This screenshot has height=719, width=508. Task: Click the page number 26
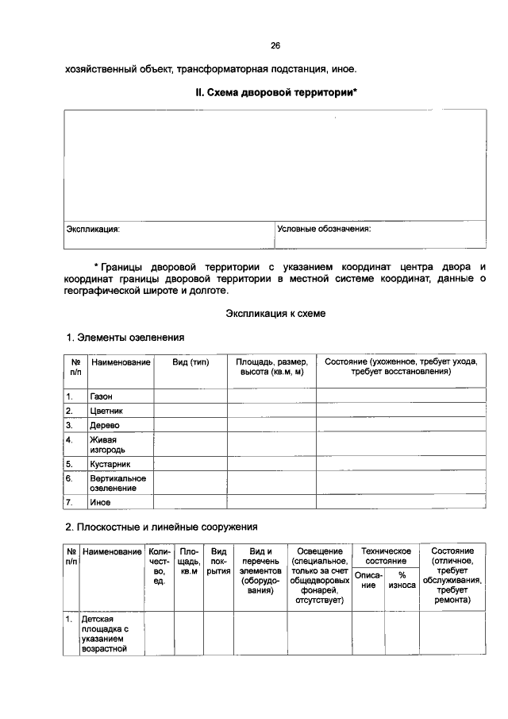tap(275, 45)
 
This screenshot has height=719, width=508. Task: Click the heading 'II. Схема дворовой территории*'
tap(275, 93)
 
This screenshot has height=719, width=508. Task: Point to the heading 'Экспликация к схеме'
tap(275, 314)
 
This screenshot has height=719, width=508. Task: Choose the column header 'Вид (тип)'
tap(190, 361)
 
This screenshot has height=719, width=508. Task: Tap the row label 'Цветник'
tap(106, 411)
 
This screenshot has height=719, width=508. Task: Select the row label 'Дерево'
tap(104, 425)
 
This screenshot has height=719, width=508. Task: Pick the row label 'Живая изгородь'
tap(106, 444)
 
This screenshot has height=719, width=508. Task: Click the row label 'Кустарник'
tap(110, 463)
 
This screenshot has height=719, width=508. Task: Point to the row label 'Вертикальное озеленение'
tap(117, 483)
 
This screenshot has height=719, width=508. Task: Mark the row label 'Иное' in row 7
tap(100, 502)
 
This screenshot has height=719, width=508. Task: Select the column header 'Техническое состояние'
tap(386, 556)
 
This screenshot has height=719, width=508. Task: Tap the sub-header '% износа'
tap(402, 580)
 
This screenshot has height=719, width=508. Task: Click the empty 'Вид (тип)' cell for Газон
tap(190, 396)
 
